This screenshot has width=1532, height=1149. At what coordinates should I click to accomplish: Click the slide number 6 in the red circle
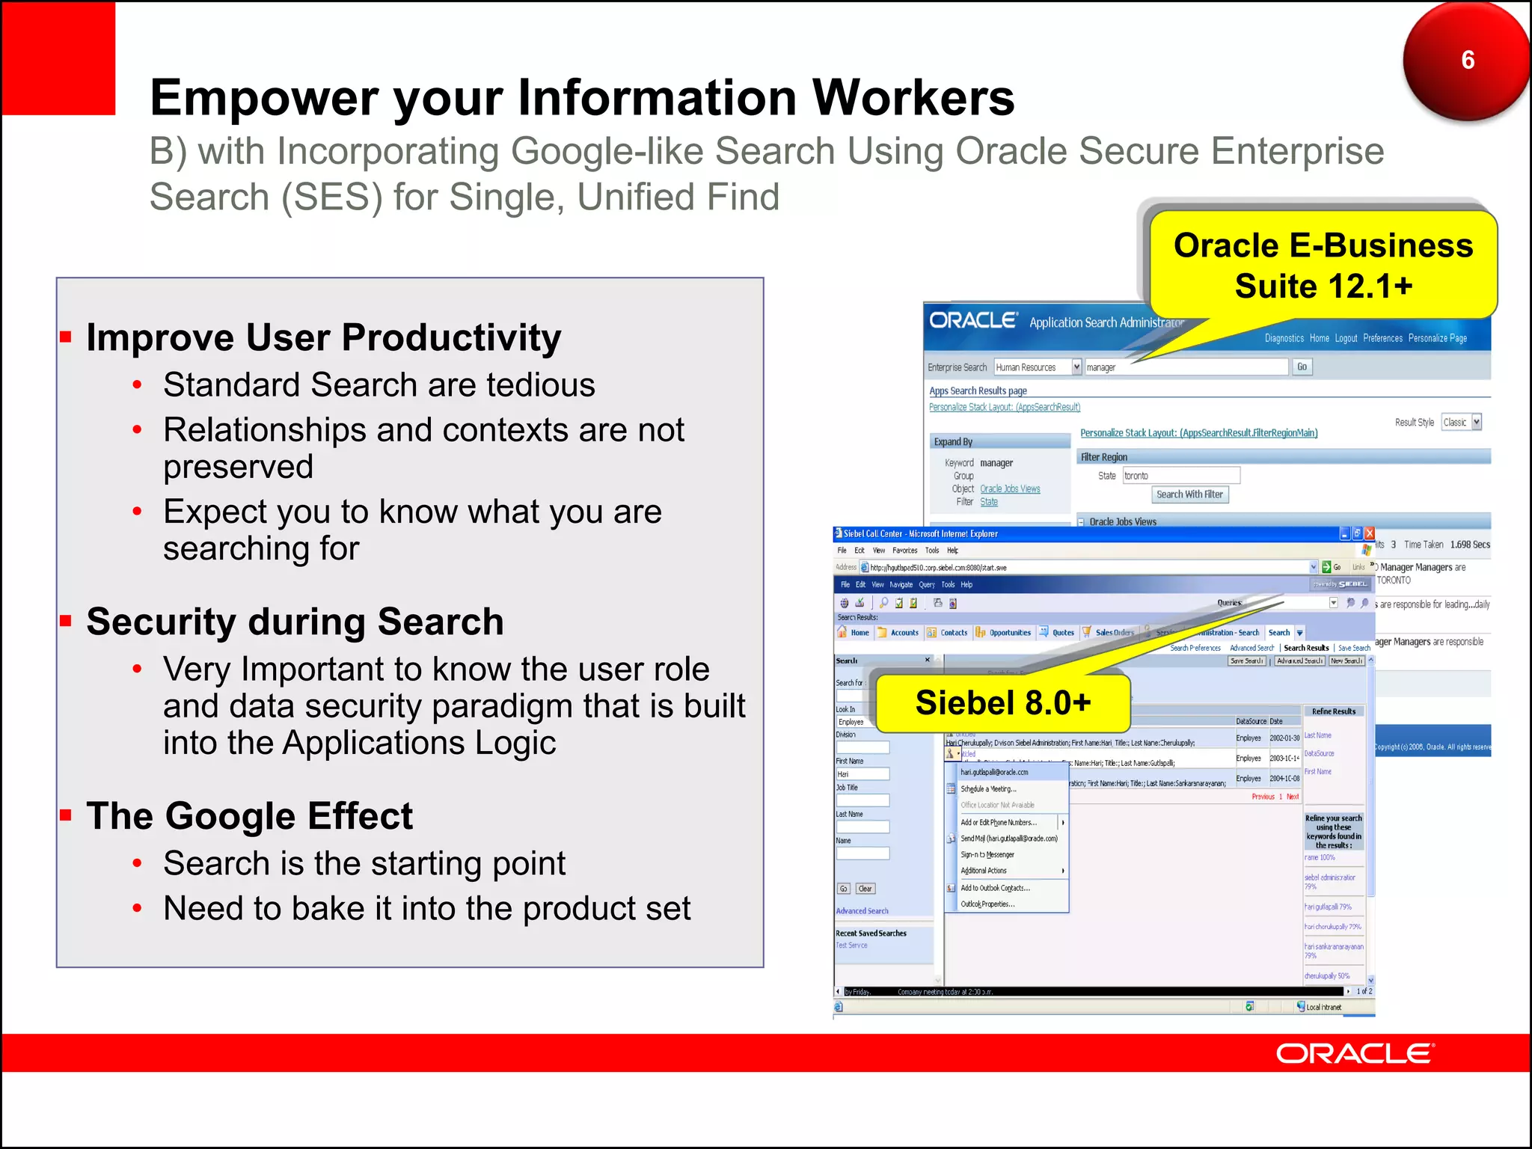tap(1468, 60)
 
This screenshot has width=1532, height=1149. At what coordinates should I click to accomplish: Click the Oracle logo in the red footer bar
tap(1355, 1053)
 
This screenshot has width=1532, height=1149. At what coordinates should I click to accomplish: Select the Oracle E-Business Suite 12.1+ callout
tap(1323, 266)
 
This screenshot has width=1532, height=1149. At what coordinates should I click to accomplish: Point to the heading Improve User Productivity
tap(323, 337)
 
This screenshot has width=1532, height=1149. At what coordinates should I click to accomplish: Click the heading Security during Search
tap(295, 622)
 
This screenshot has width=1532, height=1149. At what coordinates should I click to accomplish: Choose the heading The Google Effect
tap(249, 815)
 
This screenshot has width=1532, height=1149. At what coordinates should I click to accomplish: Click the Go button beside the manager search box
tap(1302, 367)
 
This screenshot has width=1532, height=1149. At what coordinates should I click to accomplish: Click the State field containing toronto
tap(1180, 476)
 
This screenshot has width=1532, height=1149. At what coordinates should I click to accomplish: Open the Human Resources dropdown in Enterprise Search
tap(1076, 367)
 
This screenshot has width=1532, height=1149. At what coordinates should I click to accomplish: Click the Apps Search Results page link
tap(978, 390)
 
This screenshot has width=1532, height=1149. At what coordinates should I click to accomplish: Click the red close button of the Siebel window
tap(1369, 533)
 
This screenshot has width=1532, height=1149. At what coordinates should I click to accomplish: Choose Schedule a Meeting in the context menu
tap(988, 789)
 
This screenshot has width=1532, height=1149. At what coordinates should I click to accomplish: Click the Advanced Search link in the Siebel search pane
tap(862, 911)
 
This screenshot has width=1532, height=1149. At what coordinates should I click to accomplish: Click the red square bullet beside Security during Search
tap(66, 620)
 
